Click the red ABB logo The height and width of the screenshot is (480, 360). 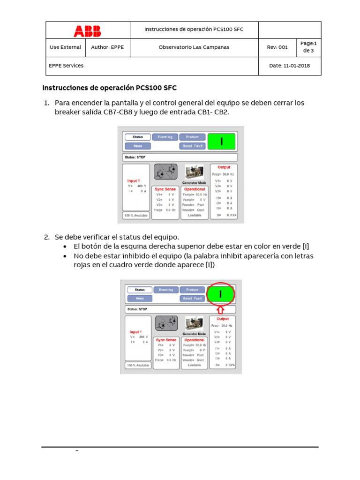click(87, 31)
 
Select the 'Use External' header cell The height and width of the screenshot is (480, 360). click(65, 47)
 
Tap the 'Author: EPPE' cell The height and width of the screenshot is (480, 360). click(107, 47)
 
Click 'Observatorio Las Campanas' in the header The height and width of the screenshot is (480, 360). click(194, 47)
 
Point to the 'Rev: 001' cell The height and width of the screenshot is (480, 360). click(277, 47)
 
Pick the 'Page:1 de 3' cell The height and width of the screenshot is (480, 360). click(309, 47)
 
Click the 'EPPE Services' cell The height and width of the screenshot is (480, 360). click(66, 66)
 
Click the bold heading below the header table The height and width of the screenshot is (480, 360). click(109, 88)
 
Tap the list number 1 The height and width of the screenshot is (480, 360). click(46, 103)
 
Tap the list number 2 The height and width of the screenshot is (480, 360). click(46, 237)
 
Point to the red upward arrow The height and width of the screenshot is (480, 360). click(220, 309)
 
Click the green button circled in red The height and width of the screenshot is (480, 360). click(220, 294)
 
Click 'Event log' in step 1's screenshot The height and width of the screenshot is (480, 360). click(165, 137)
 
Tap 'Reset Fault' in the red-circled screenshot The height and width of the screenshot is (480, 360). click(192, 298)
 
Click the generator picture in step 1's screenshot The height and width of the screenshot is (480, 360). click(194, 172)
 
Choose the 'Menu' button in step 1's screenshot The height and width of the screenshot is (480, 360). click(137, 146)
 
